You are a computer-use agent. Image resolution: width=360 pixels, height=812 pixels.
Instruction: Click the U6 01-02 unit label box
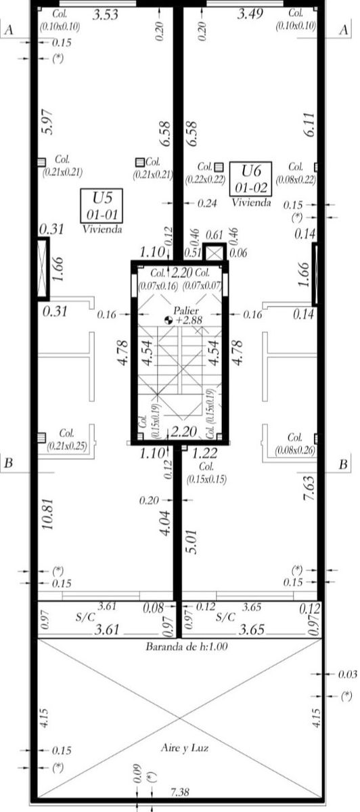pos(251,178)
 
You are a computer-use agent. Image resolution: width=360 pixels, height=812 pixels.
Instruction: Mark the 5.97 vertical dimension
pos(47,122)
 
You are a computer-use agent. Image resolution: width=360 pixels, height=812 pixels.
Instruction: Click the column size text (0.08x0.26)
pos(295,449)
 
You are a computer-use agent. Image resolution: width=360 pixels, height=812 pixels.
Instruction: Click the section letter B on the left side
pos(9,464)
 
